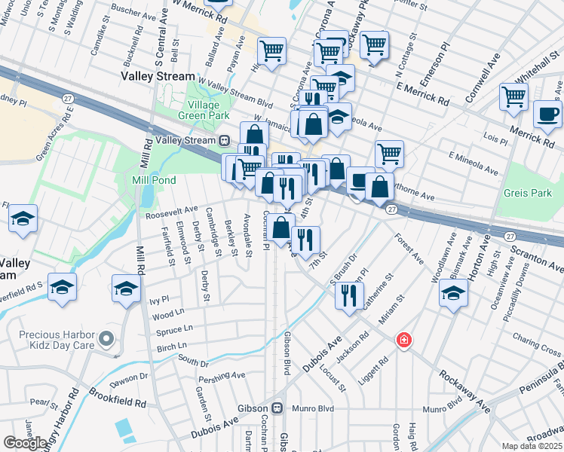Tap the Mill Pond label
[154, 180]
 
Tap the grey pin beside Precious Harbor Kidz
[106, 337]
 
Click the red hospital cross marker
[405, 341]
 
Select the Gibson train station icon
[277, 408]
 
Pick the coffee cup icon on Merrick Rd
[547, 114]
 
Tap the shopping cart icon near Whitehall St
[513, 96]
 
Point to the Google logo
[25, 443]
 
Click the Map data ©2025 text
[532, 446]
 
